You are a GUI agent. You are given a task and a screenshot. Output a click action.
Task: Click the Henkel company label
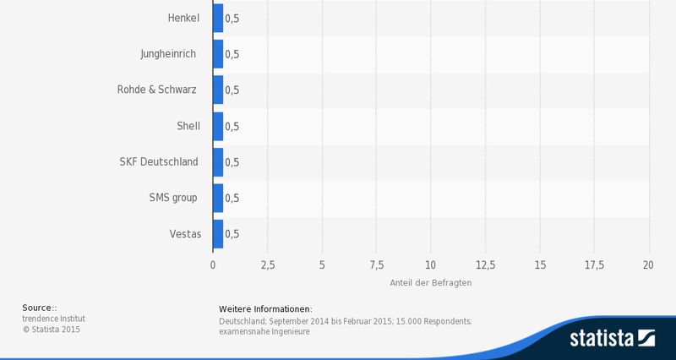tap(184, 18)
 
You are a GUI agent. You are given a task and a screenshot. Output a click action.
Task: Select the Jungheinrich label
tap(168, 53)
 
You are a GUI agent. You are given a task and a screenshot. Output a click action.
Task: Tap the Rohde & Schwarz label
tap(156, 90)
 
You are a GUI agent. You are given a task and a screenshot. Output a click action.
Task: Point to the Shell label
tap(188, 126)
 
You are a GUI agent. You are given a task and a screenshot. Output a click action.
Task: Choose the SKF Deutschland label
tap(159, 161)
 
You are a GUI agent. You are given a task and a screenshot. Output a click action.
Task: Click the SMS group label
tap(172, 198)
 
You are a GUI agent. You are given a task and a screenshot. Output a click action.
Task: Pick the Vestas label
tap(185, 234)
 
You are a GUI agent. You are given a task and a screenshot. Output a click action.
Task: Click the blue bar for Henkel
tap(218, 18)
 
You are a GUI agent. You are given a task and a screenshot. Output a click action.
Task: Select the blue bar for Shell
tap(218, 126)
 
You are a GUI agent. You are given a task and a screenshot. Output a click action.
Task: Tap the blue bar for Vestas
tap(218, 234)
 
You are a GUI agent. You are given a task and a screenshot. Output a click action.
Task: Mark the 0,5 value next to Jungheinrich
tap(232, 54)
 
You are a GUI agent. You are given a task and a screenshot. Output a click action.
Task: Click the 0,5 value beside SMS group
tap(232, 199)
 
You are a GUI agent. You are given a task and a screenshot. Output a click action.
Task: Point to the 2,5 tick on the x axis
tap(267, 265)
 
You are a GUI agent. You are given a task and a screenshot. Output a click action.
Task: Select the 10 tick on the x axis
tap(431, 265)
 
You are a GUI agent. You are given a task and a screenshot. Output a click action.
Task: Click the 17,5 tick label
tap(594, 265)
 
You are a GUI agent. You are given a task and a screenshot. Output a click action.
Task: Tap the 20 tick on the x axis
tap(649, 265)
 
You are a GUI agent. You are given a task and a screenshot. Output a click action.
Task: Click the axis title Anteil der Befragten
tap(431, 282)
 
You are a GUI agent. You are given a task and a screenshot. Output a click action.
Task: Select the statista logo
tap(613, 340)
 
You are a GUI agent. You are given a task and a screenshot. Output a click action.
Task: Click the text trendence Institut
tap(54, 319)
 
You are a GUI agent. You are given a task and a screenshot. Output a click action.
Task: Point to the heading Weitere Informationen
tap(265, 308)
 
